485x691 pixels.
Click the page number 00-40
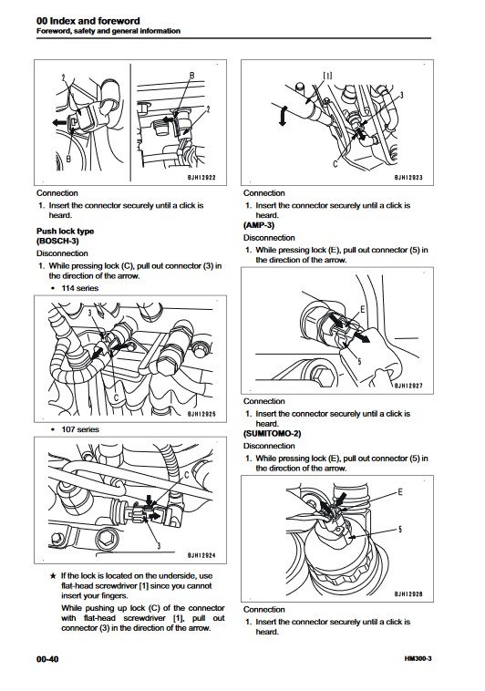pos(47,659)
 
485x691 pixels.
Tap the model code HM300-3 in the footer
pos(418,659)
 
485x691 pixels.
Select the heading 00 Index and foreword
pos(88,21)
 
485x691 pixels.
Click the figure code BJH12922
pos(201,178)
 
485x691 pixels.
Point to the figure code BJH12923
pos(408,178)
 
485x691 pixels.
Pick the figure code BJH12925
pos(201,414)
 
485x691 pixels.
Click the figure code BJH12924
pos(201,555)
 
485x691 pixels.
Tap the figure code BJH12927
pos(408,386)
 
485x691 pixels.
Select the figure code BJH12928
pos(408,594)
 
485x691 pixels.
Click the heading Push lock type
pos(66,231)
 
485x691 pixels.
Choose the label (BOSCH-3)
pos(57,241)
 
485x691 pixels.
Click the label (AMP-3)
pos(259,225)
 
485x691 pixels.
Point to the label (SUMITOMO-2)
pos(272,434)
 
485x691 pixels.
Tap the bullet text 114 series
pos(80,288)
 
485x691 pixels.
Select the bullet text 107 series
pos(80,429)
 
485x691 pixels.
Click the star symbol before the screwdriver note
pos(53,575)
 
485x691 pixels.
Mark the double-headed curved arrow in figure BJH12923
pos(283,116)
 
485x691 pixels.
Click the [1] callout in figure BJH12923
pos(327,76)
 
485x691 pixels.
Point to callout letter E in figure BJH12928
pos(400,491)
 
